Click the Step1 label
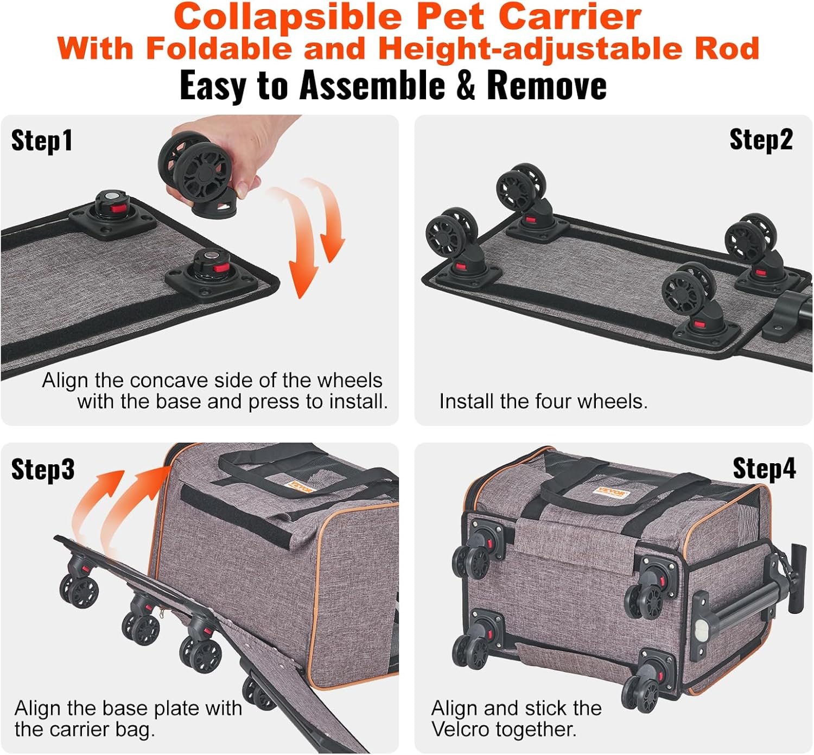(42, 141)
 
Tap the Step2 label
(761, 140)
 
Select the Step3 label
(43, 469)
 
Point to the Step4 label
(765, 468)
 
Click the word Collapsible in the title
(288, 17)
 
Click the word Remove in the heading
(547, 86)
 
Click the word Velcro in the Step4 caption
(460, 730)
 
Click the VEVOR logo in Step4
(610, 492)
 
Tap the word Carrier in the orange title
(570, 17)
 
